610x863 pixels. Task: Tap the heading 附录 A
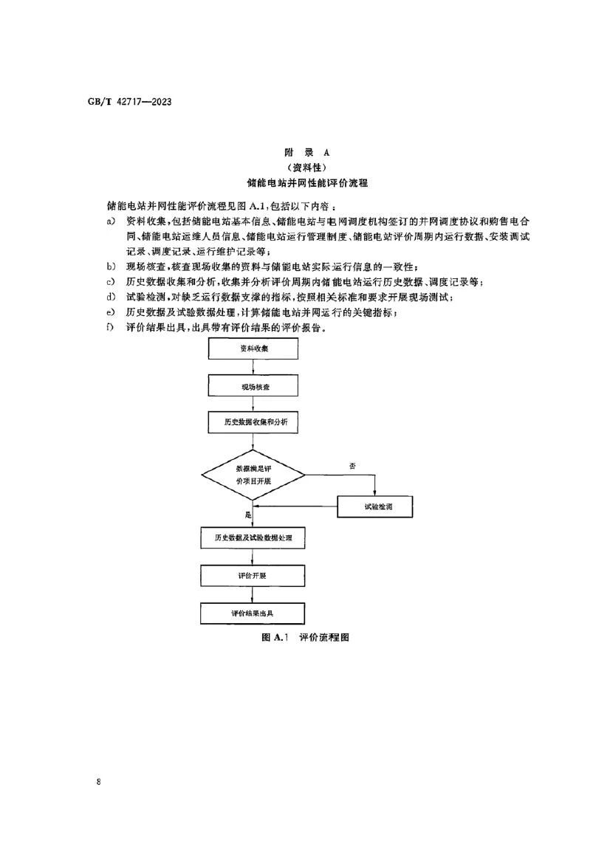pos(305,152)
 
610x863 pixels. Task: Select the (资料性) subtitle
pos(305,167)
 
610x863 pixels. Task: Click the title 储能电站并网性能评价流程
pos(305,182)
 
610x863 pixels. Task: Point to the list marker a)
pos(112,221)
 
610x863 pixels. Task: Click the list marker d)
pos(112,298)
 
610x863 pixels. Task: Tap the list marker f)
pos(112,328)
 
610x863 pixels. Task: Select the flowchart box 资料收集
pos(253,349)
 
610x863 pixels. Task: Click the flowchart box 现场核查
pos(253,386)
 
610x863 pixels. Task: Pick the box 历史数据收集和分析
pos(253,423)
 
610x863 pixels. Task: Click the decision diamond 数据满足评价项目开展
pos(253,475)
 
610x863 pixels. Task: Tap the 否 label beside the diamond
pos(353,466)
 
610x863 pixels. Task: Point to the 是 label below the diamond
pos(247,514)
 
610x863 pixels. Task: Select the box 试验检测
pos(374,507)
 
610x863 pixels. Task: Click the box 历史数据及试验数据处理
pos(253,538)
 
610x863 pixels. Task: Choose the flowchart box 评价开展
pos(253,575)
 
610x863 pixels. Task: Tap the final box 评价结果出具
pos(253,613)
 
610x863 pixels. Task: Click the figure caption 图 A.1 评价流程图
pos(305,637)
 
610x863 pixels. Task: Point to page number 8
pos(99,781)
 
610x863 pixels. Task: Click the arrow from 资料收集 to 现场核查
pos(253,368)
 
